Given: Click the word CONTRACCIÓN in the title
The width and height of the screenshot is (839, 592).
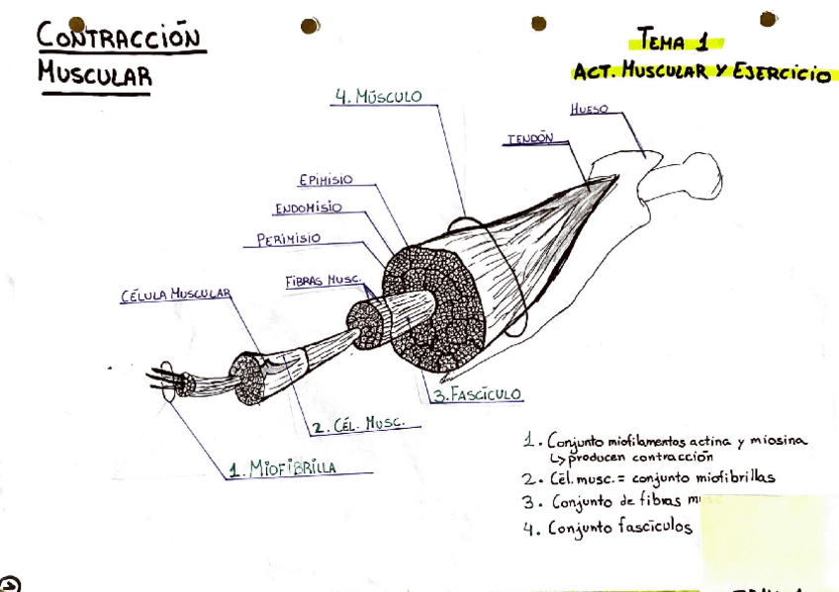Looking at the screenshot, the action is point(119,39).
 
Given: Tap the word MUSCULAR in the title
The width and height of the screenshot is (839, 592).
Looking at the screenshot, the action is point(95,74).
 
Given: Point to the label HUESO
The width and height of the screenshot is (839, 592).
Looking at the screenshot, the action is point(590,109).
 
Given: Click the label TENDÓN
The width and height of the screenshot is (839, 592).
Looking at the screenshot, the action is point(530,139).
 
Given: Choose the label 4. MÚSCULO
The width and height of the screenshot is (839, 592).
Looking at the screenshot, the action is point(379,97).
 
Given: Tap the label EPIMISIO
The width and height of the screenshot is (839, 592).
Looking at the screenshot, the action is point(325,180).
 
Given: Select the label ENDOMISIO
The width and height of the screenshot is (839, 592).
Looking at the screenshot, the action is point(309,209).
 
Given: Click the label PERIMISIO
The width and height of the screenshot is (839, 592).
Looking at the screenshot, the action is point(288,238).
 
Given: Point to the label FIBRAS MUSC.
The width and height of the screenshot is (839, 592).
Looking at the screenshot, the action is point(323,281).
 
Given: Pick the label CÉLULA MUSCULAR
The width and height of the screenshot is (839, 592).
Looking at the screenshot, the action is point(175,294).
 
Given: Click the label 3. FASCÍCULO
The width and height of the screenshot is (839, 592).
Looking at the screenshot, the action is point(478,394).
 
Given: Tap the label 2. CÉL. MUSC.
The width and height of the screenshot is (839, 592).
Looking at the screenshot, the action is point(358,425).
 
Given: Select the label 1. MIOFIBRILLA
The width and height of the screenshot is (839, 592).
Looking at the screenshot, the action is point(282,467).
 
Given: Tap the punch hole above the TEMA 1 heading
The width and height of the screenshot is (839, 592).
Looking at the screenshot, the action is point(538,23).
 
